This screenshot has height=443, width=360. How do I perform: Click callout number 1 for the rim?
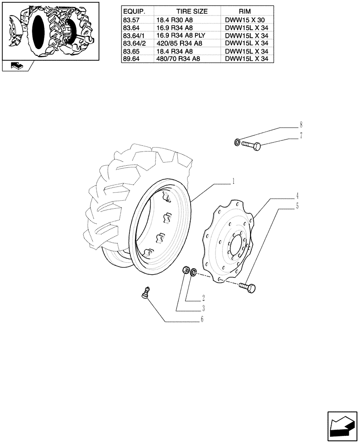(x=233, y=181)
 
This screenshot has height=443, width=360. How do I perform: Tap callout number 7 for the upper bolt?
(x=301, y=136)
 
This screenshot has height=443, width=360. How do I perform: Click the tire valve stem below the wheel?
(x=144, y=293)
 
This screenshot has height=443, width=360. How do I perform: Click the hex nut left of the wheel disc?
(x=187, y=270)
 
